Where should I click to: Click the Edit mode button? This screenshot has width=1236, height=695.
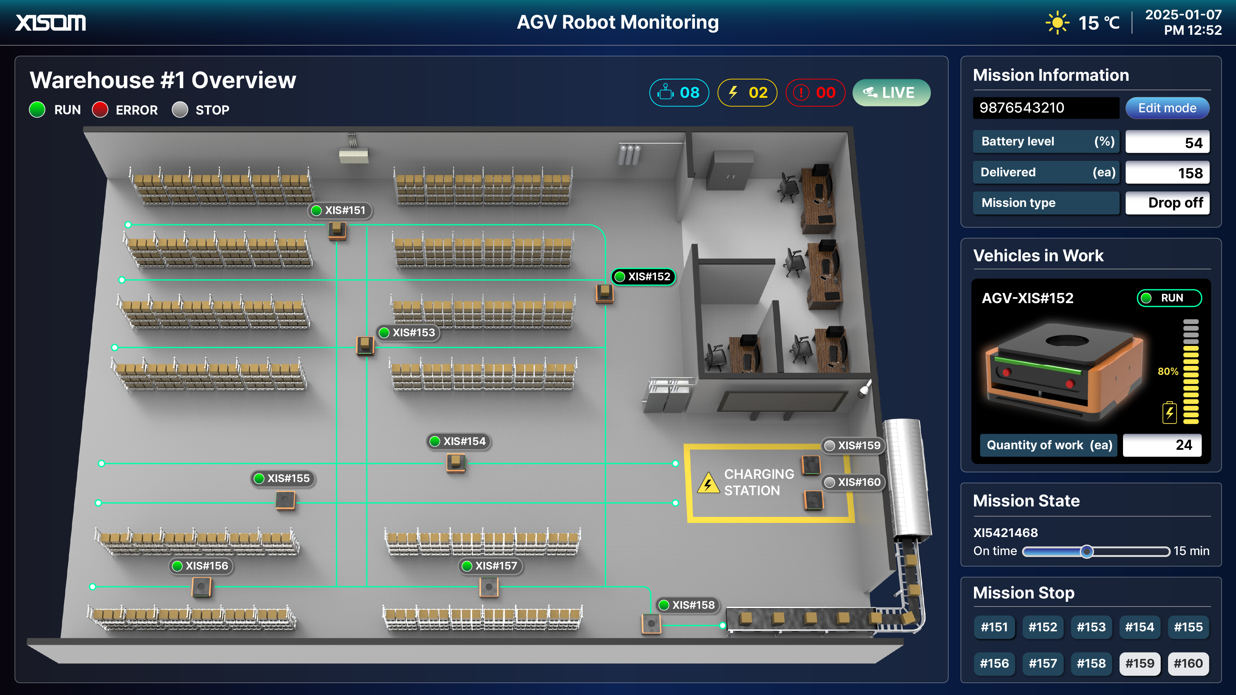1167,108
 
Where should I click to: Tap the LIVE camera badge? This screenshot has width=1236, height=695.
891,93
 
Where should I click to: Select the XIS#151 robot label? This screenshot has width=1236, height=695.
340,210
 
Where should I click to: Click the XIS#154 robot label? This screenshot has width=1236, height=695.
458,441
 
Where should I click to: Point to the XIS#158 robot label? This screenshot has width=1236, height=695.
687,605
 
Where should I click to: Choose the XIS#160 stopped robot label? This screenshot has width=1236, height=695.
853,483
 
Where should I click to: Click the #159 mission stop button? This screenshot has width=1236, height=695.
1139,663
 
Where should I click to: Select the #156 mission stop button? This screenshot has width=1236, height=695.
994,663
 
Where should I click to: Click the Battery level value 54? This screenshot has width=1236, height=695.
1167,142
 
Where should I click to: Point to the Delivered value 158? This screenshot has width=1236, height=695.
1167,173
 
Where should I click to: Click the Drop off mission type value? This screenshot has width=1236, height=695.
1167,203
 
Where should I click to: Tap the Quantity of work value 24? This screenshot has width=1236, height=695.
1162,445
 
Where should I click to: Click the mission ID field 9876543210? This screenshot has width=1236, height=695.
1045,108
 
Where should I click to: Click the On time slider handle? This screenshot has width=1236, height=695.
1087,551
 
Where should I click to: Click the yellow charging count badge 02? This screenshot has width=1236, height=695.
747,93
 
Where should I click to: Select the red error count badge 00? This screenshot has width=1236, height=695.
815,93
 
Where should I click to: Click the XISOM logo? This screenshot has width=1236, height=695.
51,23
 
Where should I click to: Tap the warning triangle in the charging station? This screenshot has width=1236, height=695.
708,483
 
